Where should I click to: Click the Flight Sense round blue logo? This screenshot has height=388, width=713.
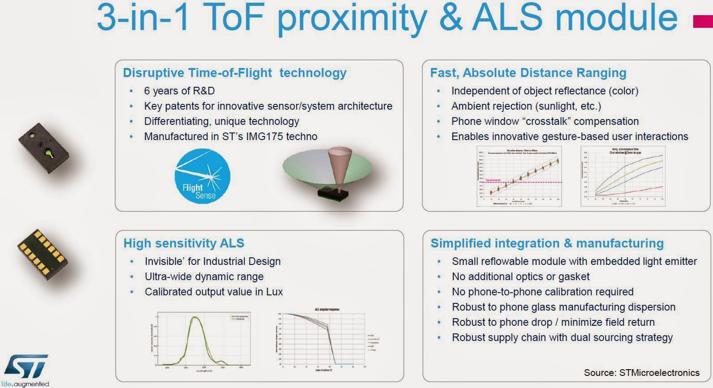click(x=202, y=176)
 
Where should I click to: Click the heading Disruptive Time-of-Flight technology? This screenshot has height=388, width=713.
click(x=235, y=72)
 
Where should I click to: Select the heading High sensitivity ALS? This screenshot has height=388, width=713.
click(x=184, y=243)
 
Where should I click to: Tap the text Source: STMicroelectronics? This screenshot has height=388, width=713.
click(x=641, y=372)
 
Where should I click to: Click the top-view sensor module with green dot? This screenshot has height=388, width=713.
click(x=43, y=148)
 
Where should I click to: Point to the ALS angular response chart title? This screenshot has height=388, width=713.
click(x=327, y=309)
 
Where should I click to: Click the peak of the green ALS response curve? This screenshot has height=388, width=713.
click(x=195, y=317)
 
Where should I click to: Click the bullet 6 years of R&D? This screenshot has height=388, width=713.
click(x=179, y=91)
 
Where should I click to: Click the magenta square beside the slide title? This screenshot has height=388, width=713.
click(x=703, y=21)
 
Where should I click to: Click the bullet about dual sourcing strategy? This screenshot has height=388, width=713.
click(x=562, y=337)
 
